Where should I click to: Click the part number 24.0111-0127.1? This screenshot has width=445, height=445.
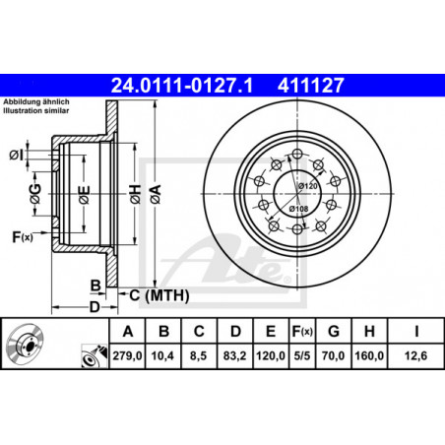point(182,86)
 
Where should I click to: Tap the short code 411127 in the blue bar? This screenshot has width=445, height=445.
point(310,86)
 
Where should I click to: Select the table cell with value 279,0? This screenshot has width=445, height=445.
point(127,355)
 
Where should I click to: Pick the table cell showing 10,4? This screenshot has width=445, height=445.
point(162,355)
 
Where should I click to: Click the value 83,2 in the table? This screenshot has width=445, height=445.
point(234,355)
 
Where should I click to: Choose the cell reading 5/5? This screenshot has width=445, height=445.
point(302,355)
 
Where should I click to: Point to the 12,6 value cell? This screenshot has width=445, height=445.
point(415,355)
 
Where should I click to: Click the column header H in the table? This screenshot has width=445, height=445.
point(369,331)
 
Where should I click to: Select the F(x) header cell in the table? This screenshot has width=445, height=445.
point(302,331)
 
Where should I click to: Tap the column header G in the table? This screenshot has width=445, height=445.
point(334,331)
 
